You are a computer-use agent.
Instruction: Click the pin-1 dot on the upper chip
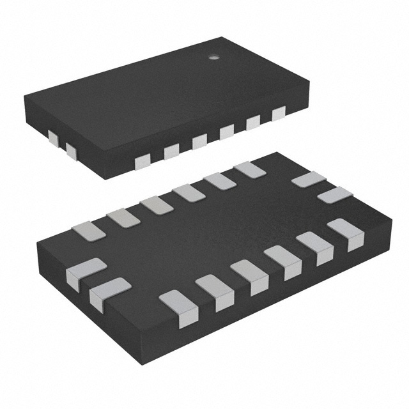213,58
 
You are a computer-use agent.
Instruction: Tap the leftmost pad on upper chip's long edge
142,160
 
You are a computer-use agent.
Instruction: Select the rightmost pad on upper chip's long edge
278,114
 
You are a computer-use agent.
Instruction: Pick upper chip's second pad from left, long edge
171,151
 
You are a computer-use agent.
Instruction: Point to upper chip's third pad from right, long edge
227,132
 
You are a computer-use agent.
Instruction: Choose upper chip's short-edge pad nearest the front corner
70,151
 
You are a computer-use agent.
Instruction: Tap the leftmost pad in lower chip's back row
88,229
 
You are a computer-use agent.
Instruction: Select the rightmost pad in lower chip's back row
249,169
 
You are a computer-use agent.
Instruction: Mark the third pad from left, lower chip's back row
156,204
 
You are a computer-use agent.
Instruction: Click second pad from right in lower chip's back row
219,181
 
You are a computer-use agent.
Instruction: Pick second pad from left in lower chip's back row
123,217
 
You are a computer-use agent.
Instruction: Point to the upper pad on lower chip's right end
309,180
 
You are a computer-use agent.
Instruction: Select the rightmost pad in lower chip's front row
346,233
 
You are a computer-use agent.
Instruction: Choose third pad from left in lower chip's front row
250,276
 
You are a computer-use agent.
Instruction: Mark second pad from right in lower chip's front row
315,247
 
